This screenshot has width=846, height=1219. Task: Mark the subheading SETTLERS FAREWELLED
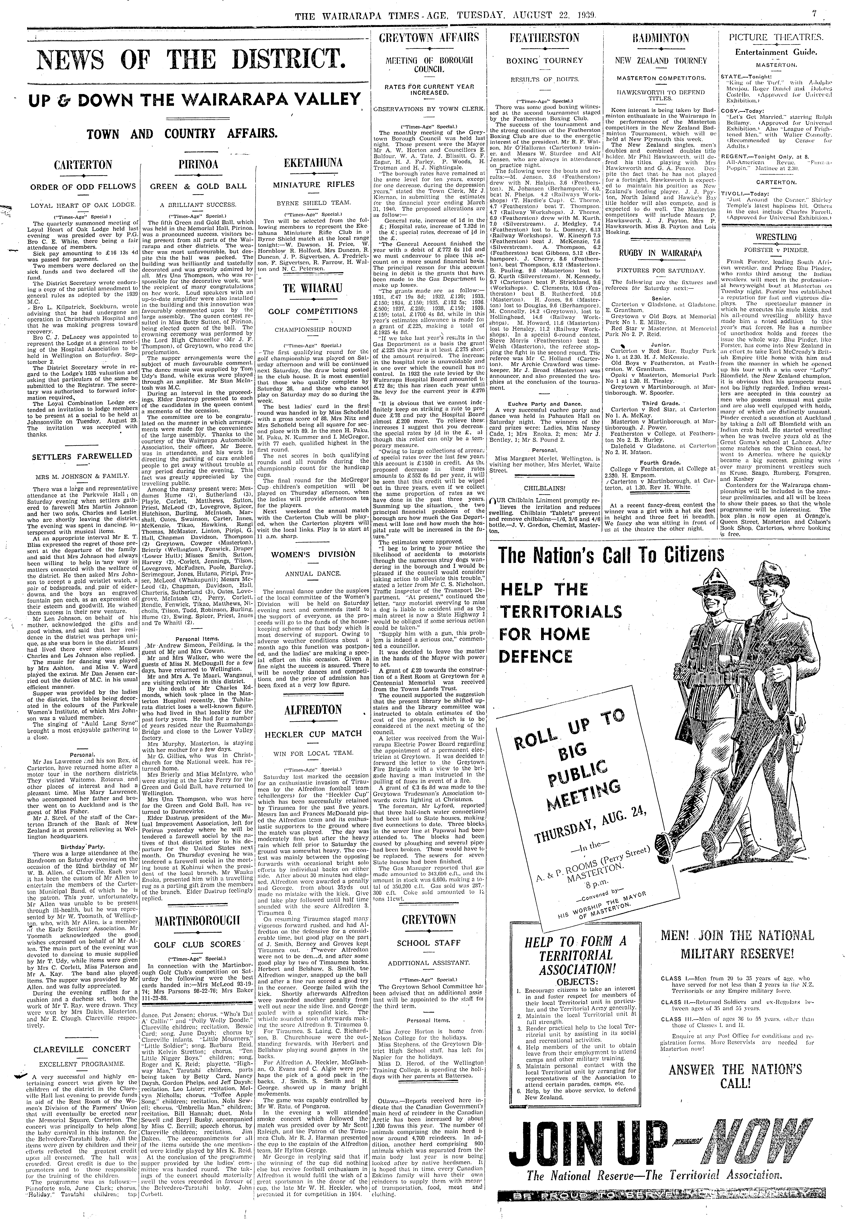tap(82, 456)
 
